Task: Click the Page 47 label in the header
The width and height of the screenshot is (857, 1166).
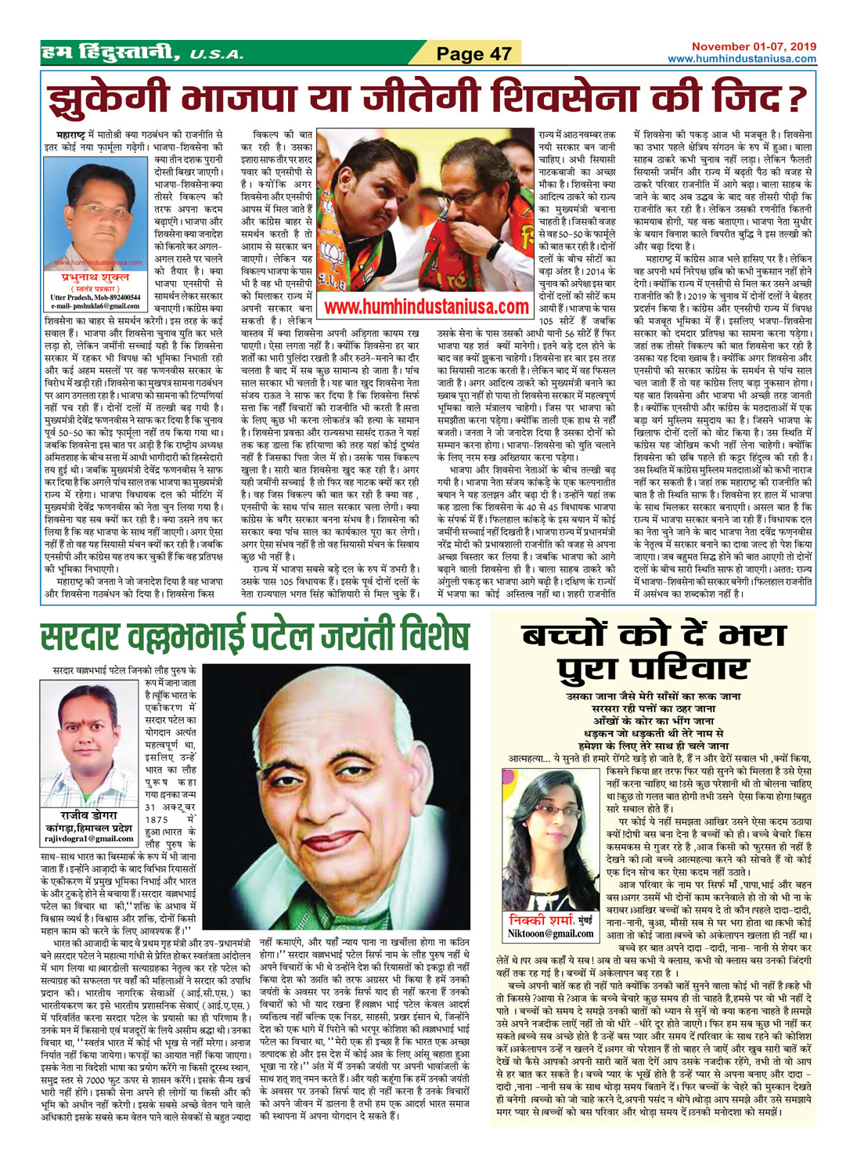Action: click(474, 54)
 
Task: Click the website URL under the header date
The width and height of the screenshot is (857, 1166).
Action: click(741, 59)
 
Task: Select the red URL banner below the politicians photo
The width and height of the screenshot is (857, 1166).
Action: click(426, 307)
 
